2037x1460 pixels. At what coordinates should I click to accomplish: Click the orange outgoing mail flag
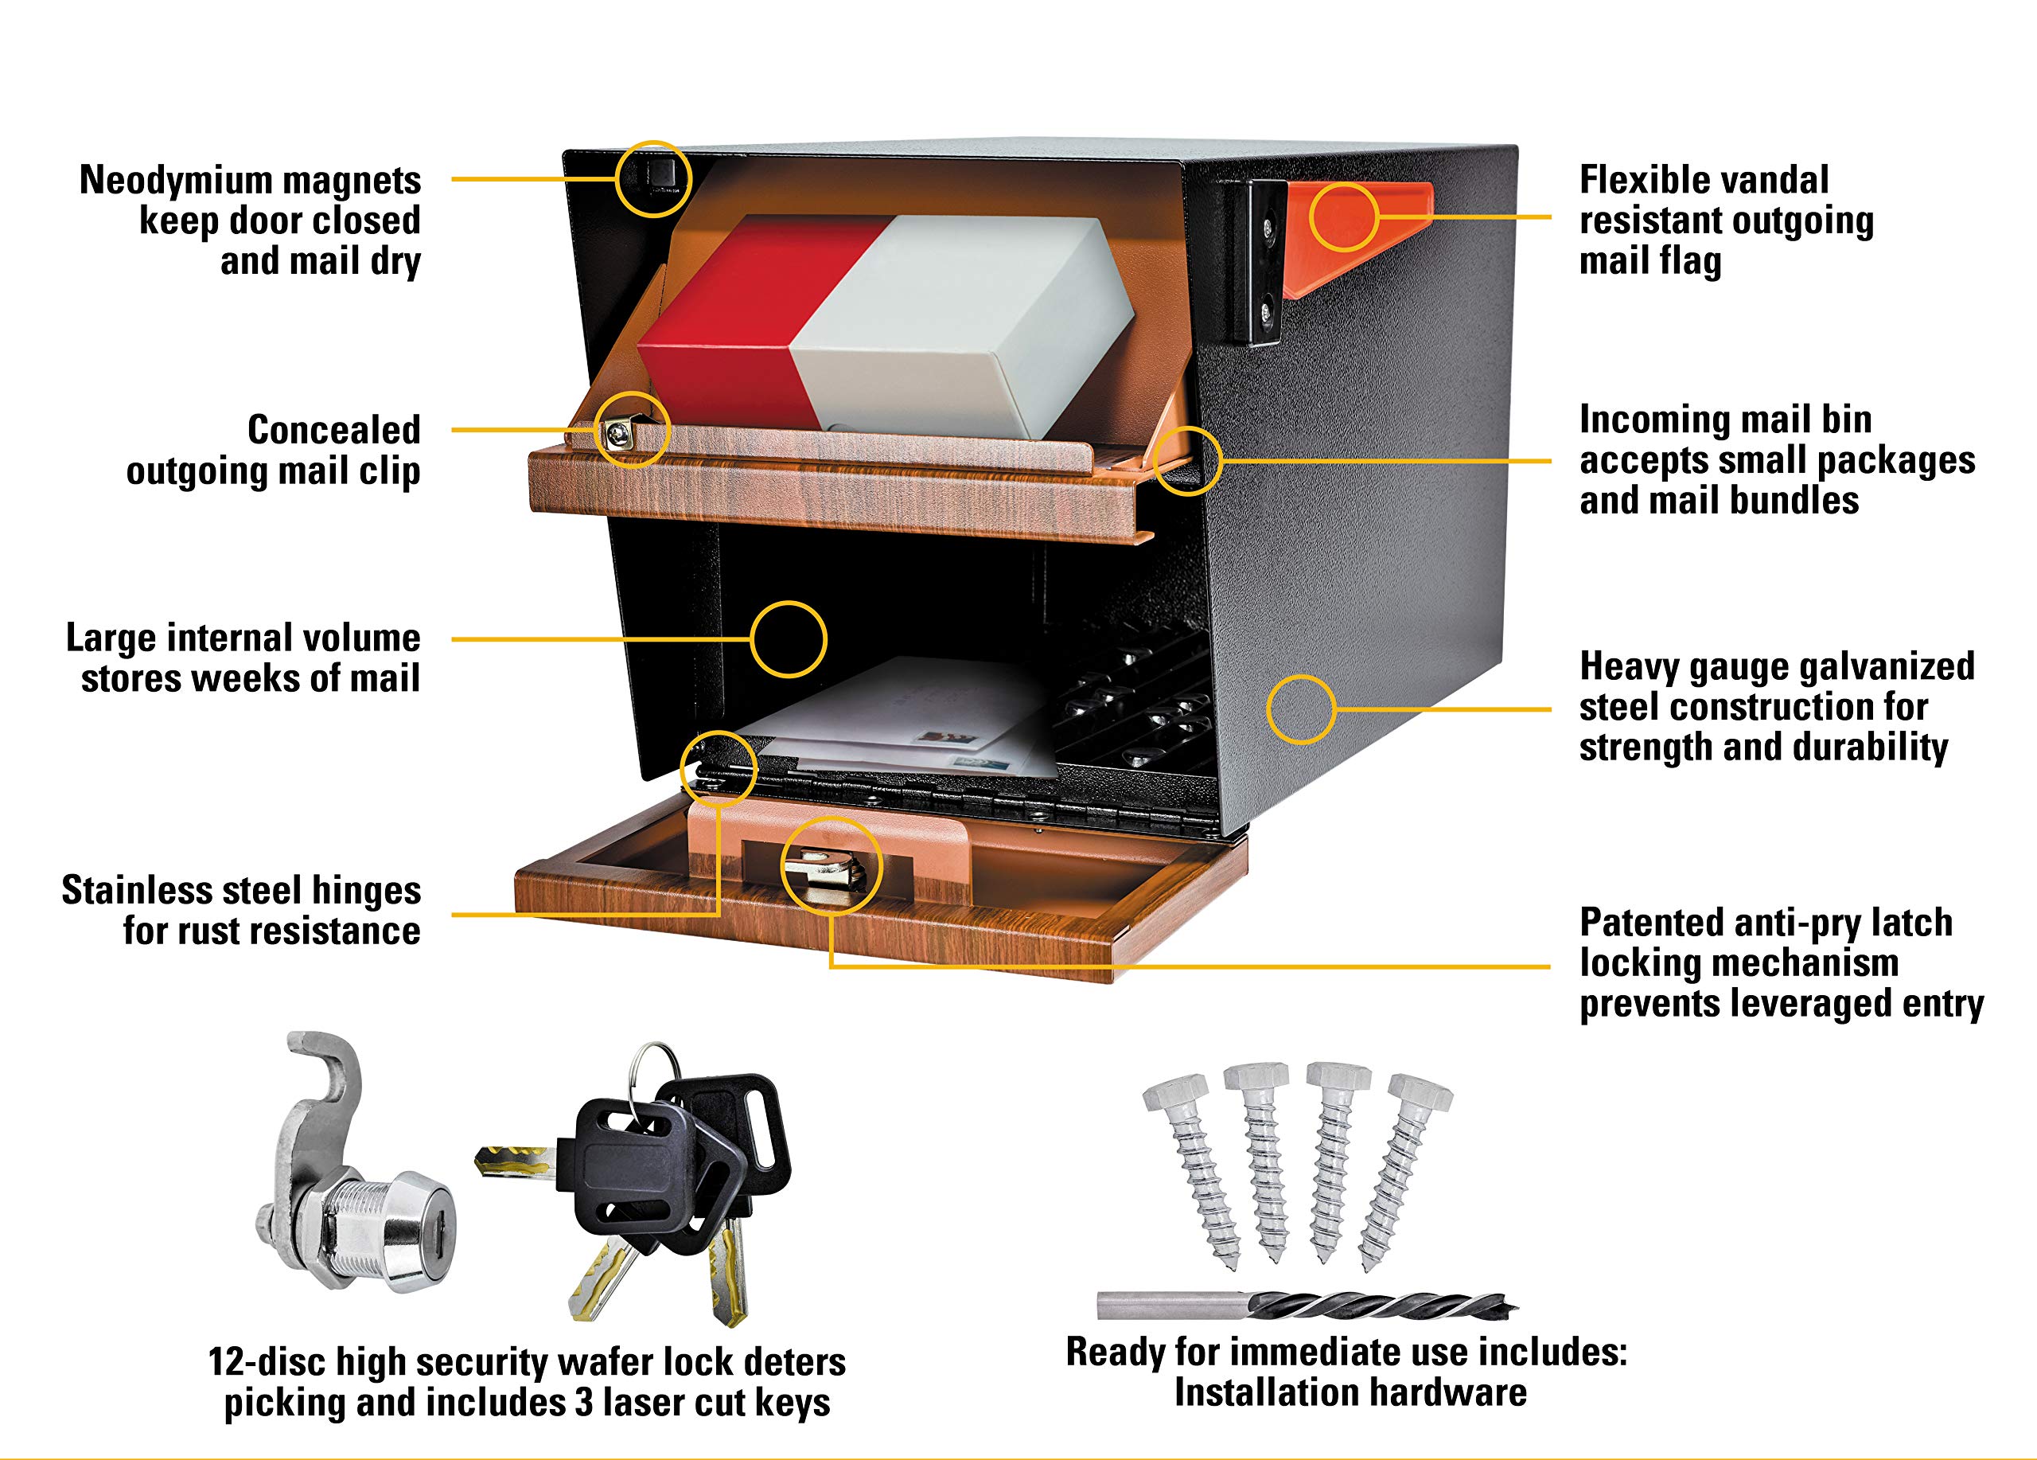click(1356, 236)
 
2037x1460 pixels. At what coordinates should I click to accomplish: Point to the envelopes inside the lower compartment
click(898, 719)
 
